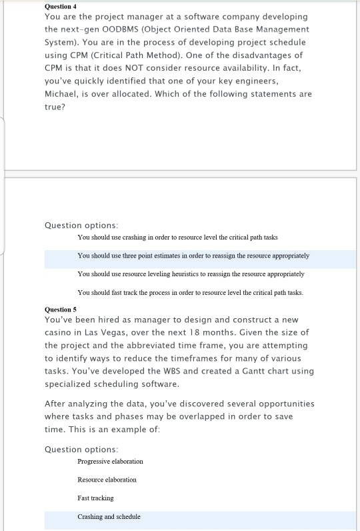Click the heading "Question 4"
coord(61,6)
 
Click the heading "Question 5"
coord(61,310)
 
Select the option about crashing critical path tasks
coord(177,237)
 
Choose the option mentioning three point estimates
coord(193,255)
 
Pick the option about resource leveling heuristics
coord(191,274)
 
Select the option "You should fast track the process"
coord(190,292)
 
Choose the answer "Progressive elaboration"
coord(110,461)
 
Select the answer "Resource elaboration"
coord(107,480)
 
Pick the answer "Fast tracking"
coord(95,498)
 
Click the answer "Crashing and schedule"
coord(109,516)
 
